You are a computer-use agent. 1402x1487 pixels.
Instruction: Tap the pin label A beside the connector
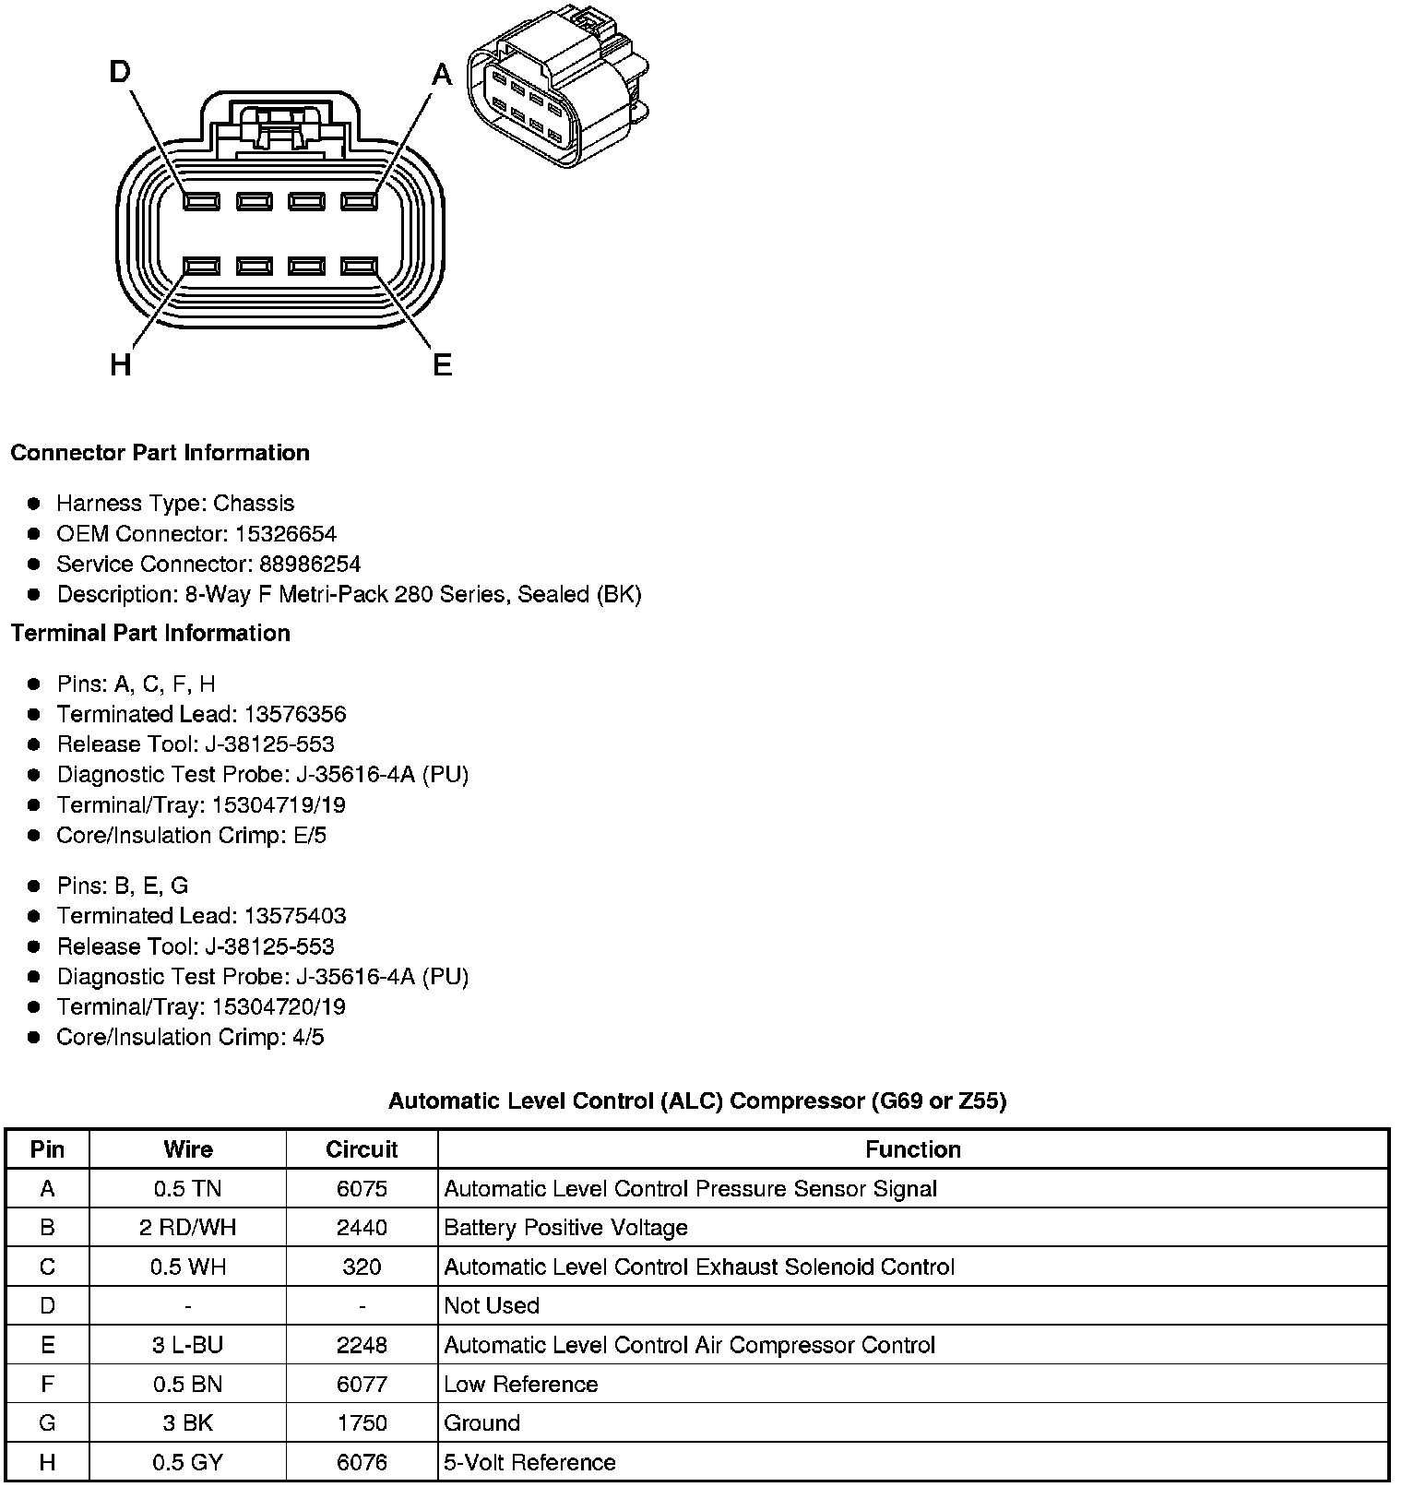pos(443,74)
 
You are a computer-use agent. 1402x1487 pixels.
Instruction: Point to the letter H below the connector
pos(120,365)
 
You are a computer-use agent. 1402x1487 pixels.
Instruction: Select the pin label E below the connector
pos(443,365)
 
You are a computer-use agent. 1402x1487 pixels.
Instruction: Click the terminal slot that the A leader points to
pos(360,201)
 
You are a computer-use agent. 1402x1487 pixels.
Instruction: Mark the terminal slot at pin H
pos(201,267)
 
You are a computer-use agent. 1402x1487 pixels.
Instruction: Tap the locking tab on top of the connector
pos(279,125)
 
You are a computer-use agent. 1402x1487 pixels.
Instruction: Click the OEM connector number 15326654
pos(286,534)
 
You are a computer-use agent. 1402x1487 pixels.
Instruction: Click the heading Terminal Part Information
pos(150,633)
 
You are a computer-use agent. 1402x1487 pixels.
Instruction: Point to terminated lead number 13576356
pos(295,714)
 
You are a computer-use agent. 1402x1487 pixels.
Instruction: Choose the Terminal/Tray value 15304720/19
pos(279,1006)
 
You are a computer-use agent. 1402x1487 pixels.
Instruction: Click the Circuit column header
pos(362,1149)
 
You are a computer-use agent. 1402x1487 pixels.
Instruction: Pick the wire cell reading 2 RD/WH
pos(188,1228)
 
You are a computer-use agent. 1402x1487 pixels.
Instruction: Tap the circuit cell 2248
pos(362,1345)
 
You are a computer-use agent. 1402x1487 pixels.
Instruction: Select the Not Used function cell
pos(492,1305)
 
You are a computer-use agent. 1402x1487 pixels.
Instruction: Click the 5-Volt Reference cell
pos(529,1462)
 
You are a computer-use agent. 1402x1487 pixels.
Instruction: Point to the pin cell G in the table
pos(47,1422)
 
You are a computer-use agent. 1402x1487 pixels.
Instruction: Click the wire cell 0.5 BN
pos(188,1384)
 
